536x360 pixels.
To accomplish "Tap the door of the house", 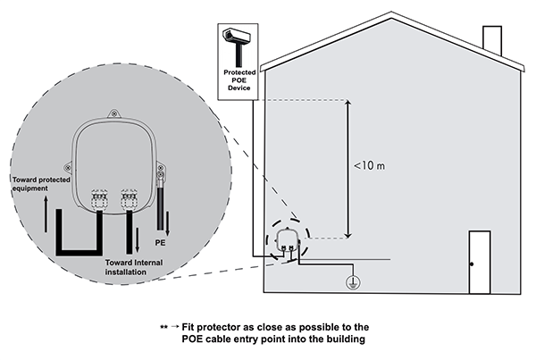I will pos(480,261).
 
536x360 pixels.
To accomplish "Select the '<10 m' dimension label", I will pos(367,165).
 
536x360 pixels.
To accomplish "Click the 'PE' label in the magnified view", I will pos(161,241).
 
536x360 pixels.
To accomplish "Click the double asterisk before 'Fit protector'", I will pos(163,328).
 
